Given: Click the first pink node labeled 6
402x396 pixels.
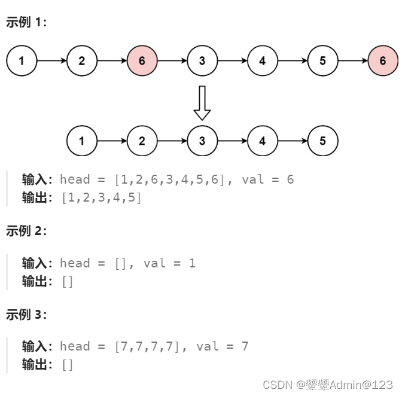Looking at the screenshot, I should tap(142, 60).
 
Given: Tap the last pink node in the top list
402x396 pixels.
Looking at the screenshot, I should tap(382, 60).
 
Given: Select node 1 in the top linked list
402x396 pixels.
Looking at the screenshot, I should tap(22, 60).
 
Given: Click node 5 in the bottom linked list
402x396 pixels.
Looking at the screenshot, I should tap(322, 141).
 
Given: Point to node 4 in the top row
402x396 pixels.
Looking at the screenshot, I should tap(262, 60).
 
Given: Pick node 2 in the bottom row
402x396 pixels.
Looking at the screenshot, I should tap(142, 141).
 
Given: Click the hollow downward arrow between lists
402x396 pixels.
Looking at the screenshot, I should tap(202, 102).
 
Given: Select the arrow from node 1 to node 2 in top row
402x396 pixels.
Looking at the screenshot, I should tap(51, 60).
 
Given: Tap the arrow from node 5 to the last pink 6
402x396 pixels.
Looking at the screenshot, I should tap(352, 60).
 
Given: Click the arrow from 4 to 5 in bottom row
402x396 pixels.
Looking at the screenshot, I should tap(292, 141).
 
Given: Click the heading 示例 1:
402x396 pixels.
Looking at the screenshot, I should tap(26, 22).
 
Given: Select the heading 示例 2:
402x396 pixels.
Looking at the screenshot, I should tap(26, 231).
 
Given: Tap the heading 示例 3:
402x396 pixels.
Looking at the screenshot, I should tap(26, 315).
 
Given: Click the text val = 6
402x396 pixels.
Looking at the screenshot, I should tap(267, 179).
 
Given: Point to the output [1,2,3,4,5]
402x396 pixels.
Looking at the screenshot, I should tap(102, 197).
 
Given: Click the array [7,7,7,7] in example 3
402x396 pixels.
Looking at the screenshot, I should tap(147, 346).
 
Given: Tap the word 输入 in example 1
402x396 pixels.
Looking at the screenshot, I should tap(35, 179).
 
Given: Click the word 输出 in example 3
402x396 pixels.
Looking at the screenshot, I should tap(35, 364).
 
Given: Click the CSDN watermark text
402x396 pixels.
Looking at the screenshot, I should tap(327, 384).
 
